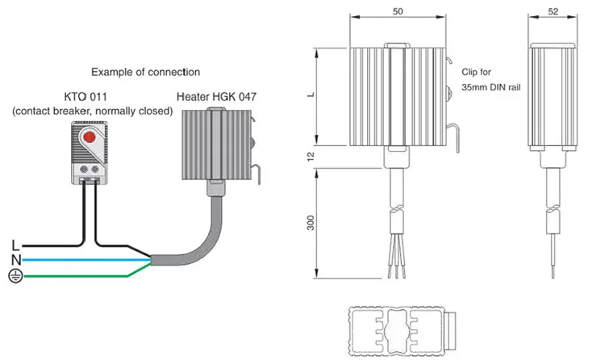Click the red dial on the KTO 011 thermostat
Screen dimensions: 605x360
click(x=90, y=136)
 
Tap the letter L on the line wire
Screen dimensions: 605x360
click(x=15, y=245)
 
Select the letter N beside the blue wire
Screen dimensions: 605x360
click(x=16, y=260)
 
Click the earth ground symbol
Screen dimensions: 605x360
click(x=15, y=275)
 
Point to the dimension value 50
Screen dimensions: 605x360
click(x=398, y=11)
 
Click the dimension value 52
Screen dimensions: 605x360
click(x=553, y=11)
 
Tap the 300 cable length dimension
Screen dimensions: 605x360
click(x=311, y=223)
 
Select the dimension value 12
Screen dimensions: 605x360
click(x=311, y=157)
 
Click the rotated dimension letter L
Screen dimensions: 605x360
click(x=311, y=94)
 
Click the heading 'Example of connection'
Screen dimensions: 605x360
click(x=145, y=72)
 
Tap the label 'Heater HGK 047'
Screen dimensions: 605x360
click(x=216, y=97)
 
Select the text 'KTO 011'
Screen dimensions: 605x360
click(x=86, y=97)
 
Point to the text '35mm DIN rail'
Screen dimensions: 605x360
click(x=491, y=87)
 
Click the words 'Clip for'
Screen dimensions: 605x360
click(x=476, y=72)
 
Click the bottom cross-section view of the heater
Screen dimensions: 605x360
click(x=403, y=331)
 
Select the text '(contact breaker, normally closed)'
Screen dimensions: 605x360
click(x=93, y=111)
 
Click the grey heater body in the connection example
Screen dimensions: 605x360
click(x=217, y=144)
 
